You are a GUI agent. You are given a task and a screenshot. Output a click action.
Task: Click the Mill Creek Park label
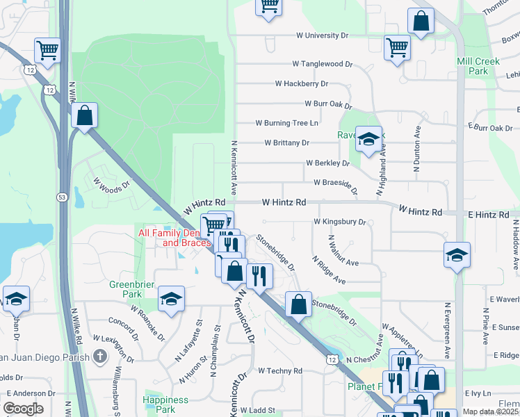point(478,66)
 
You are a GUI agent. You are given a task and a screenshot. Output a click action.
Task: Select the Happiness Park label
point(165,404)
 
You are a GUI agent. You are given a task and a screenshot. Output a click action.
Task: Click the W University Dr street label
point(322,35)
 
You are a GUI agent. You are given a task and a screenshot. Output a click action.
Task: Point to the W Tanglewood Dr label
point(322,63)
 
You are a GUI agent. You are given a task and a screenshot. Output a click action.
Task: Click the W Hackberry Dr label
point(301,83)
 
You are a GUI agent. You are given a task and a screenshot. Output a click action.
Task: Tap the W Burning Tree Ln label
point(286,123)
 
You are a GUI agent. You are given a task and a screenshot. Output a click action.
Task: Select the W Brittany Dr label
point(286,143)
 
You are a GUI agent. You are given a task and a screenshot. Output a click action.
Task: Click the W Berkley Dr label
point(327,163)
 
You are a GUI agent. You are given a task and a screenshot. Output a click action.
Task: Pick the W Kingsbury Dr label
point(339,222)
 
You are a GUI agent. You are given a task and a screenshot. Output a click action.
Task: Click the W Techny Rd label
point(279,371)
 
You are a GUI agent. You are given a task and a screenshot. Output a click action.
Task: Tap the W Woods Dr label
point(111,185)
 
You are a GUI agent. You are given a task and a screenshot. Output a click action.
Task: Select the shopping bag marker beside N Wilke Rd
point(84,116)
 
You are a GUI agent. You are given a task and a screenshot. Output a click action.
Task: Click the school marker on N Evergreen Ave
point(456,256)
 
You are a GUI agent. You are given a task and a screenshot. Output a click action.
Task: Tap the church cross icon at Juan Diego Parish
point(100,357)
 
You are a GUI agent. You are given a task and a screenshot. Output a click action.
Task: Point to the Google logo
point(23,409)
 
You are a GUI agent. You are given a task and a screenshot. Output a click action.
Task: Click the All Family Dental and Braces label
point(174,238)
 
